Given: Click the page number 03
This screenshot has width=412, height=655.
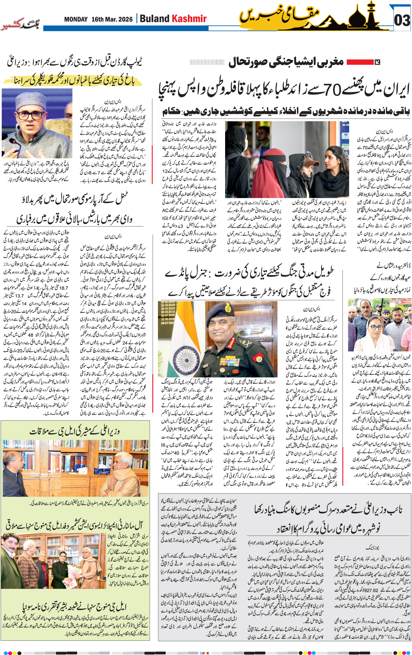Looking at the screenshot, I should [402, 20].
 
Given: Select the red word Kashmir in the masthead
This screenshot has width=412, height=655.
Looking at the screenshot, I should [189, 19].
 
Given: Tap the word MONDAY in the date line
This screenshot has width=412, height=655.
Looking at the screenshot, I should [76, 19].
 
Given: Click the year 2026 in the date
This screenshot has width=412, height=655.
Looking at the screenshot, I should [125, 19].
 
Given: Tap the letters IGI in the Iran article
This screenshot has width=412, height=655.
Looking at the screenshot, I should [165, 218].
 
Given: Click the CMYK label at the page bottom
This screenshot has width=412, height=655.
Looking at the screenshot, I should [204, 653].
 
